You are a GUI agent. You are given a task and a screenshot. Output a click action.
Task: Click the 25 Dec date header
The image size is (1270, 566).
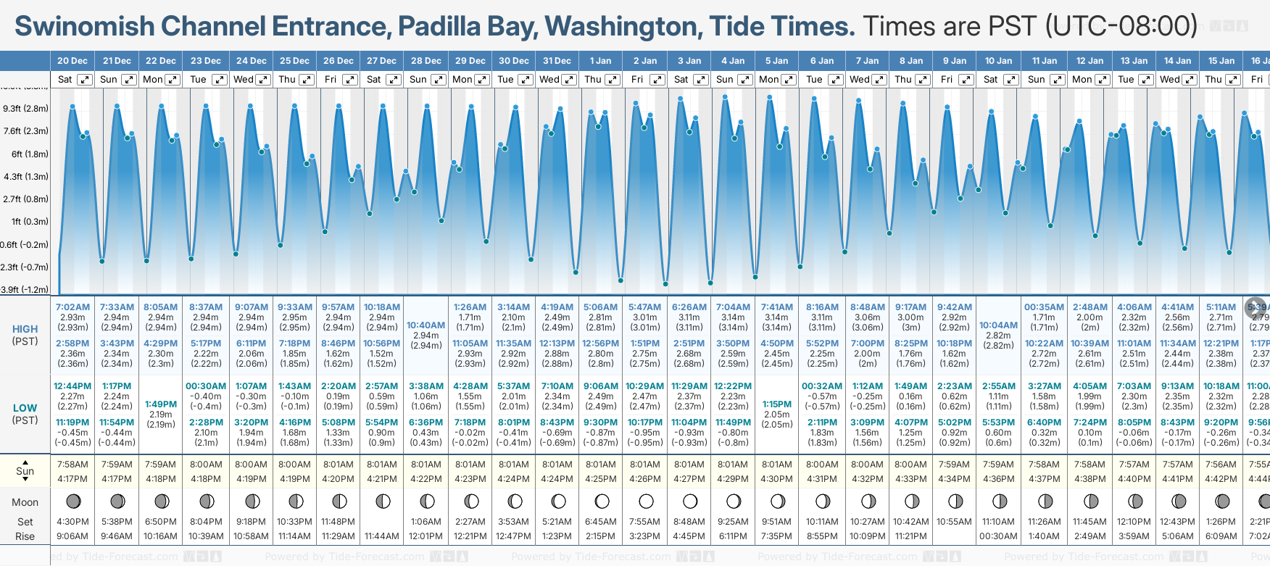[x=294, y=61]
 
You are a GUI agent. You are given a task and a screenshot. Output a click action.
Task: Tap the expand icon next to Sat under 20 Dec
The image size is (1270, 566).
[x=85, y=80]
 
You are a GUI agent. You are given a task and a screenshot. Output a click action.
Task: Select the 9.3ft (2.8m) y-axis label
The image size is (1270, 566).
[x=26, y=109]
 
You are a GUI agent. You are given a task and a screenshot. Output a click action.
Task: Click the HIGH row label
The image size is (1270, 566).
[x=25, y=329]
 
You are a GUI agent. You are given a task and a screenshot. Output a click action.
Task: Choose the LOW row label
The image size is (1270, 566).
[x=25, y=408]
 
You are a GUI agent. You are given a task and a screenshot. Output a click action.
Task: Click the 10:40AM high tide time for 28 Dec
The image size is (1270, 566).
[x=426, y=325]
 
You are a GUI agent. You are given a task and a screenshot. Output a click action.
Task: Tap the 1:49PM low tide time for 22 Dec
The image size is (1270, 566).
[x=160, y=404]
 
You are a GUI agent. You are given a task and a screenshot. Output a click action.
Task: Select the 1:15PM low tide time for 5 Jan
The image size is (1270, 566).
[x=776, y=404]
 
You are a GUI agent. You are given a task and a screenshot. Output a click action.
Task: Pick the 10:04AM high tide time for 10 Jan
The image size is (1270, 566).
[x=998, y=325]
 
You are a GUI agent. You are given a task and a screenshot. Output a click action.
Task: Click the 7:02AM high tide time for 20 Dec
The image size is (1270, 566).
[x=72, y=307]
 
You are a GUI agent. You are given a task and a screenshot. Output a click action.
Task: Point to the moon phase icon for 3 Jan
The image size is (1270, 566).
[x=689, y=501]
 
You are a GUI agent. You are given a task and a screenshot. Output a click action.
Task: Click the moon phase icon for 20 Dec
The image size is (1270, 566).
[x=72, y=501]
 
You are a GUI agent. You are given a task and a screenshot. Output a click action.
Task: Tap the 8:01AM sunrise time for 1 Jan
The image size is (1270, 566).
[x=601, y=465]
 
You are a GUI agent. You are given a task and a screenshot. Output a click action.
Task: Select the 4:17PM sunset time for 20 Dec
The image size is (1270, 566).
[x=72, y=479]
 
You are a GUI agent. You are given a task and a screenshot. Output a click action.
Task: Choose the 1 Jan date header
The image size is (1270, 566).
[x=600, y=61]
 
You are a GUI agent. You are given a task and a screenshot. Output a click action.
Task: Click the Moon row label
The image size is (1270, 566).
[x=25, y=502]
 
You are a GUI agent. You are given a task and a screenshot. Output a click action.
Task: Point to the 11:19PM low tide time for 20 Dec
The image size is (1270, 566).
[x=72, y=423]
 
